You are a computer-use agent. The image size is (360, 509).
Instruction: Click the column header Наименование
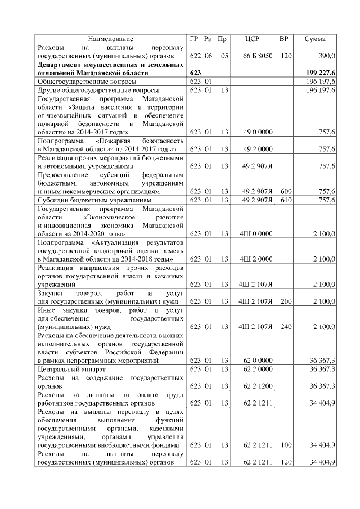pyautogui.click(x=111, y=39)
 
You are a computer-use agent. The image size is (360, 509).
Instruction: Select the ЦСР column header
pyautogui.click(x=253, y=39)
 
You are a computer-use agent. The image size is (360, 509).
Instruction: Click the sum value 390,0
pyautogui.click(x=327, y=56)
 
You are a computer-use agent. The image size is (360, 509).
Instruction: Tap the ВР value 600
pyautogui.click(x=285, y=191)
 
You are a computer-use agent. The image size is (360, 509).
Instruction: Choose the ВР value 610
pyautogui.click(x=285, y=200)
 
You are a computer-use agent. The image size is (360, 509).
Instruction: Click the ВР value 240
pyautogui.click(x=285, y=326)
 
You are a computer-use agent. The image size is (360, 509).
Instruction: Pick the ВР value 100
pyautogui.click(x=285, y=444)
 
